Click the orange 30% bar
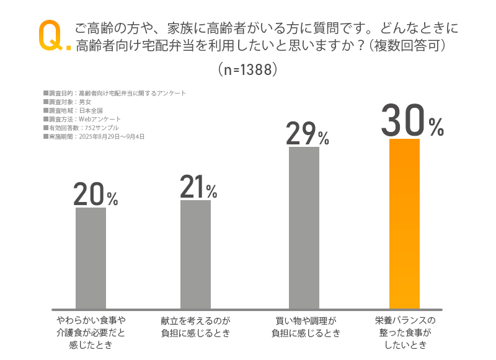(405, 223)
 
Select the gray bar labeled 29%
(304, 227)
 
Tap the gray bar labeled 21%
(195, 254)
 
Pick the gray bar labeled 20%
(91, 258)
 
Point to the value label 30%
(412, 121)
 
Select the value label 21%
(198, 187)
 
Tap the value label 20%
(95, 195)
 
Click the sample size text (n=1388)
(247, 69)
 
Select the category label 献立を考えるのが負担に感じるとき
(195, 327)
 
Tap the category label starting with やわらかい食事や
(91, 333)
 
